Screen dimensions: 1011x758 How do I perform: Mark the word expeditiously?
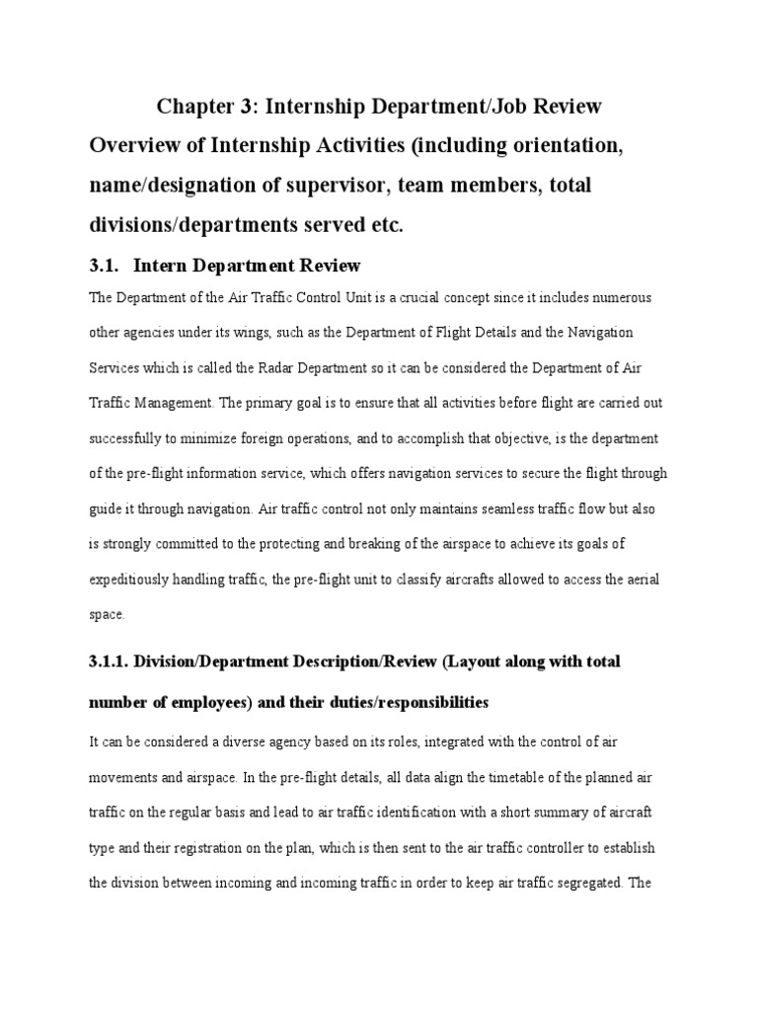pyautogui.click(x=133, y=579)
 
